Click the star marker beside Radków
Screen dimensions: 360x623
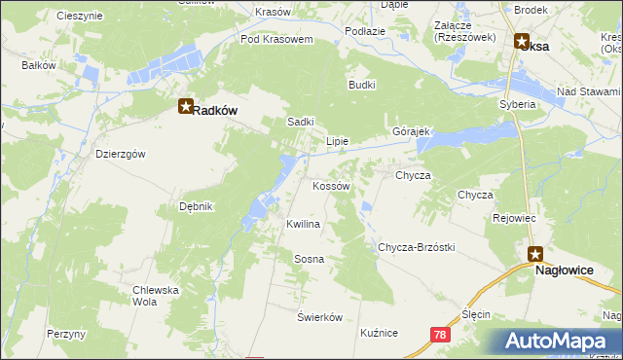185,109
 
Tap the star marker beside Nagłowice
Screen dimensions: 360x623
535,255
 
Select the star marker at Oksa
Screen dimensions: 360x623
522,43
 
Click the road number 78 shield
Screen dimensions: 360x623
439,333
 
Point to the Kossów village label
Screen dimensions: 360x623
330,185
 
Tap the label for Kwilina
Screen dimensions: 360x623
303,224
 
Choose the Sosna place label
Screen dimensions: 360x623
309,259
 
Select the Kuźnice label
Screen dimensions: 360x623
379,333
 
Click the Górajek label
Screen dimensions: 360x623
411,131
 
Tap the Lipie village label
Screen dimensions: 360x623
337,141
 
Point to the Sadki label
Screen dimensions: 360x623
300,122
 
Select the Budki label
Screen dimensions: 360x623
362,85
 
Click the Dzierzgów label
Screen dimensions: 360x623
120,154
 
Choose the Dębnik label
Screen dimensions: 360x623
196,206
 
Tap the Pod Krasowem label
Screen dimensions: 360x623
276,40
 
